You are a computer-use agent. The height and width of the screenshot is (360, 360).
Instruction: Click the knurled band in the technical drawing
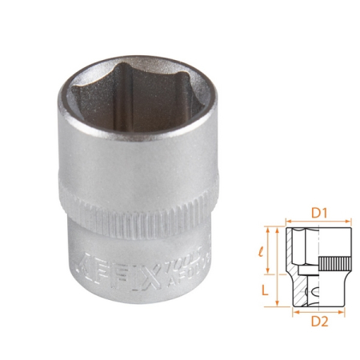click(334, 264)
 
